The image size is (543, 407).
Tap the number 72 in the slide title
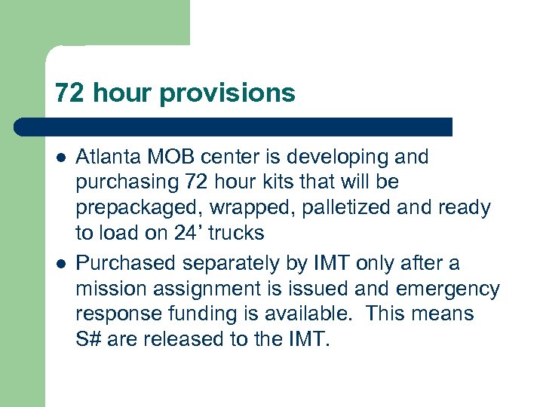[x=67, y=93]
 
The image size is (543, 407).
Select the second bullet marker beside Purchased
[x=60, y=264]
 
